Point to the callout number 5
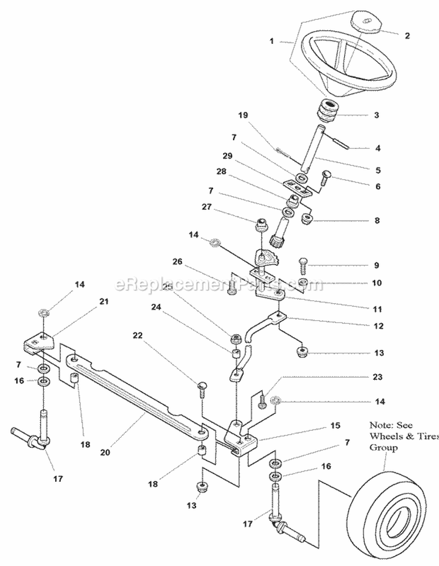pos(378,170)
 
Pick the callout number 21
pos(104,301)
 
